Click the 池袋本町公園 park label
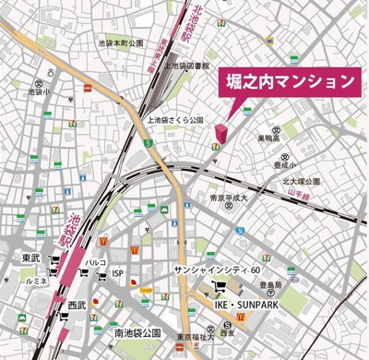point(122,43)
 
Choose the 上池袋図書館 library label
point(195,66)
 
